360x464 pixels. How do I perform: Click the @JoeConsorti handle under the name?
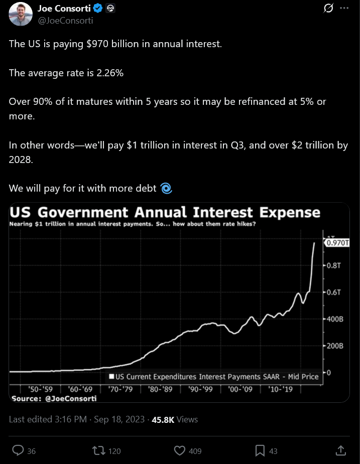pos(65,21)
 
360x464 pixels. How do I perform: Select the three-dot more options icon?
pos(344,9)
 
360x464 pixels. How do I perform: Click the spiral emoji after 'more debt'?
pos(166,189)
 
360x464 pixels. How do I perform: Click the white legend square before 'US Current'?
pos(111,376)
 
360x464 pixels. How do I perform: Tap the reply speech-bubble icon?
pos(18,450)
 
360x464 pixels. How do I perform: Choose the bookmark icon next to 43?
pos(260,450)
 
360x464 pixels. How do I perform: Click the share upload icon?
pos(340,450)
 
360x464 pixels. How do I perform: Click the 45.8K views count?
pos(163,419)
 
